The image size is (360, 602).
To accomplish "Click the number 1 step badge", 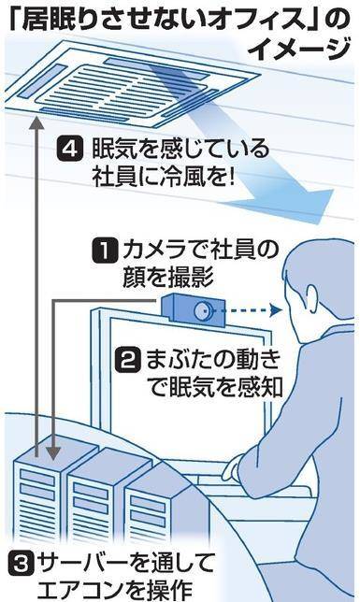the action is point(105,251).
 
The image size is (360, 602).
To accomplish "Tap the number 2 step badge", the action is point(127,361).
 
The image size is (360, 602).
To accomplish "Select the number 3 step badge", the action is point(20,564).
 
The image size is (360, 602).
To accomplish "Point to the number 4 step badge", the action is point(69,149).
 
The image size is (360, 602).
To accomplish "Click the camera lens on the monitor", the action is point(201,309).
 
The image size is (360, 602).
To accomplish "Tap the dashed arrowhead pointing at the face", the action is point(276,309).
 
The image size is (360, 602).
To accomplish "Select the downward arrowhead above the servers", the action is point(54,451).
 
